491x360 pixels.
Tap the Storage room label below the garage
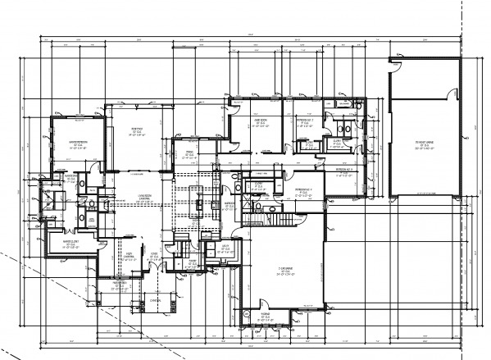point(267,315)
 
